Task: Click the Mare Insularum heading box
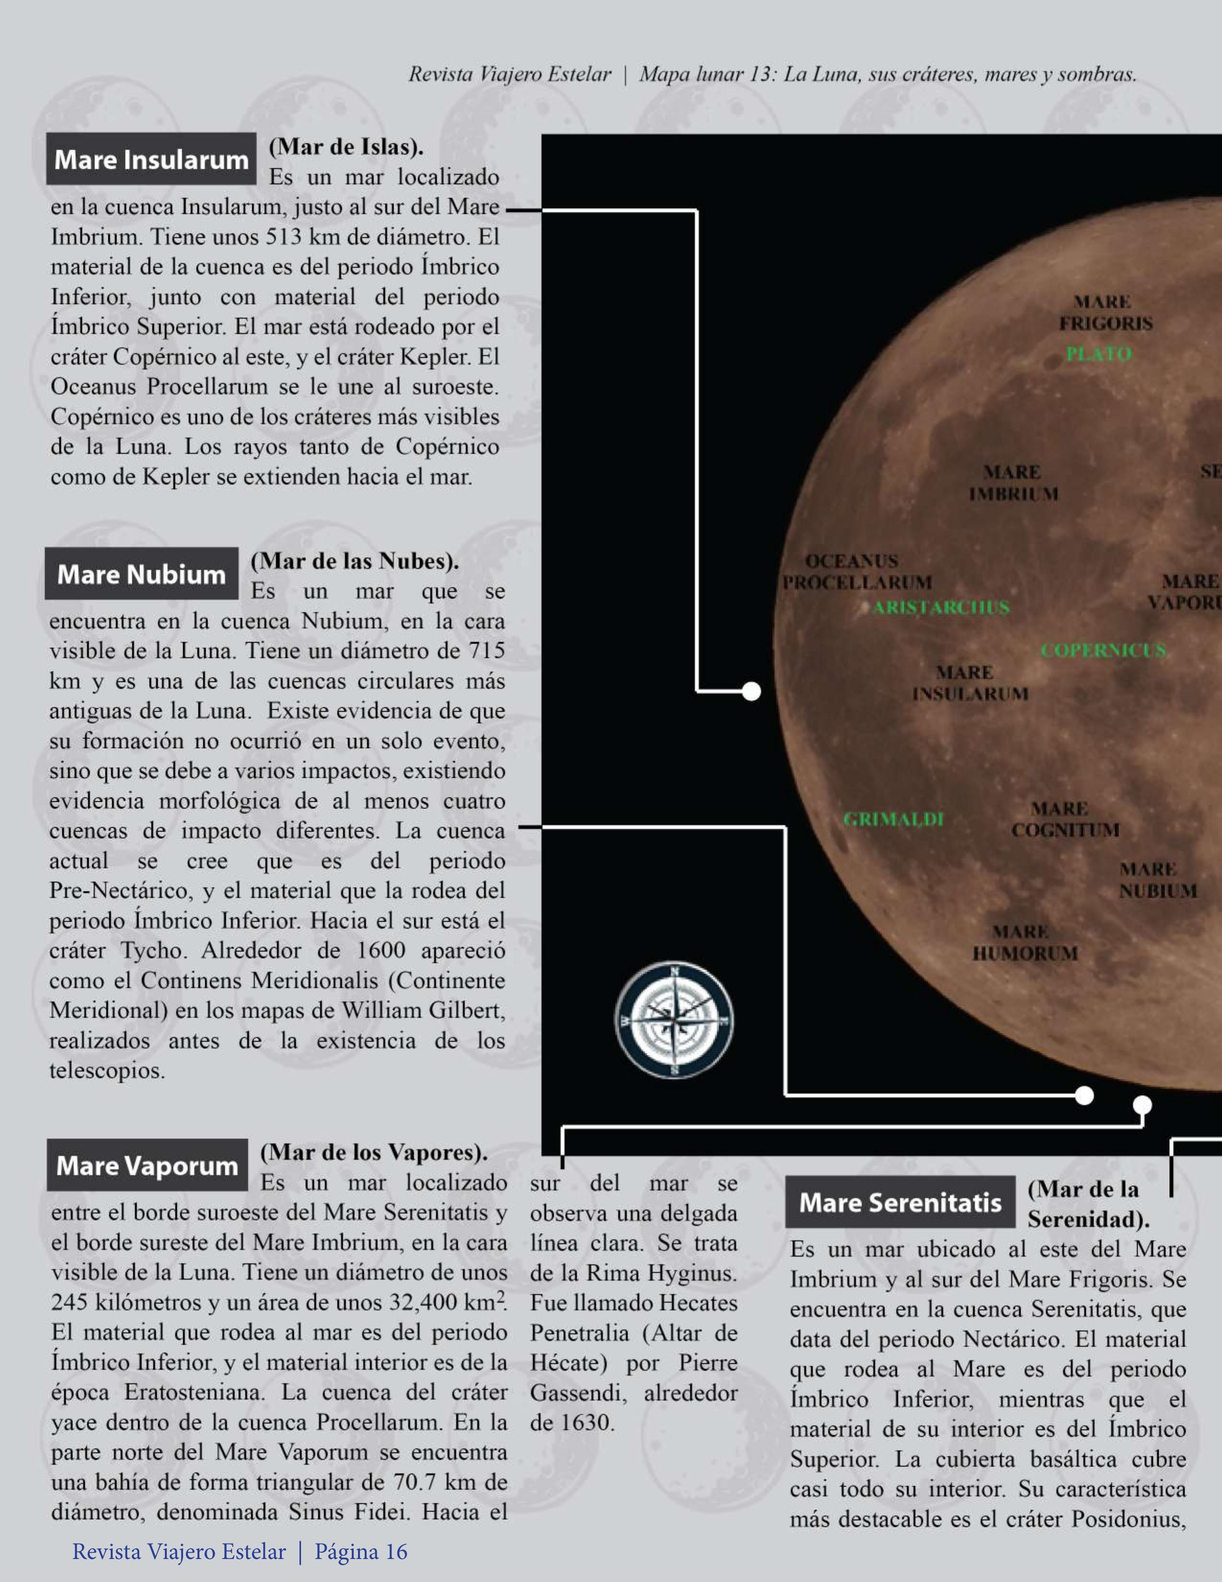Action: pos(150,159)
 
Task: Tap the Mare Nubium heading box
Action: pos(141,574)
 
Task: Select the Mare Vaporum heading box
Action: pos(147,1166)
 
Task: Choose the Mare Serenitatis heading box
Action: pos(899,1202)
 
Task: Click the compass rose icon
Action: pos(674,1020)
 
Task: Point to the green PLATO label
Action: pos(1098,354)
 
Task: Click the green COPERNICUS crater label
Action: pos(1103,650)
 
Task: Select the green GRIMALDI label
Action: pos(894,819)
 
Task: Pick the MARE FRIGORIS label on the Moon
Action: pos(1105,312)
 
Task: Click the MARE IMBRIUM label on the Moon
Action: pos(1013,483)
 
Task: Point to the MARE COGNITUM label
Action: pos(1065,819)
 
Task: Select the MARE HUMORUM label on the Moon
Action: pos(1024,942)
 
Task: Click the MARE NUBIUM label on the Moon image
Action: pos(1157,880)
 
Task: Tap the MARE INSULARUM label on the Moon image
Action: pos(969,683)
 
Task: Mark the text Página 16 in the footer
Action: pos(361,1552)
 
